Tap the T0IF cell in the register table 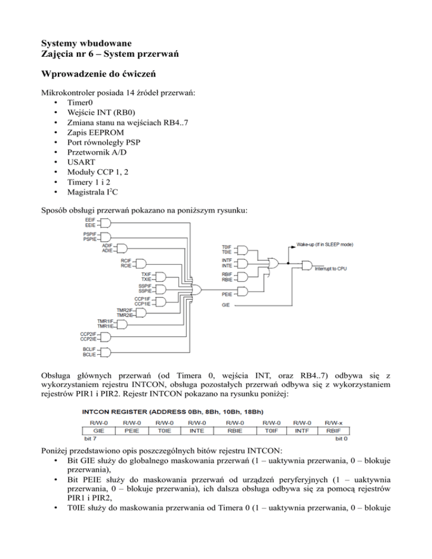[x=270, y=431]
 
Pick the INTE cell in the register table [x=200, y=431]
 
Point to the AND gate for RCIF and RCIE [x=141, y=263]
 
